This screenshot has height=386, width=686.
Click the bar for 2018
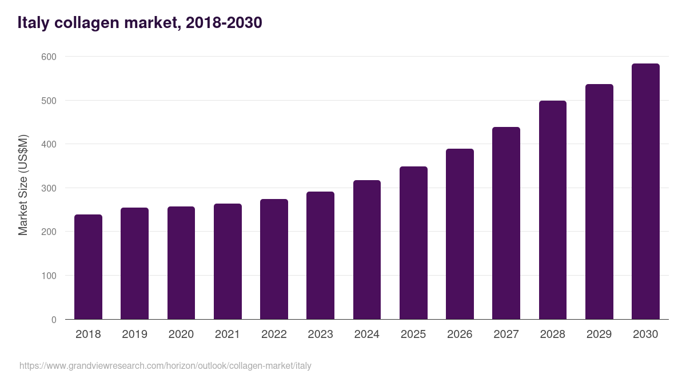coord(88,267)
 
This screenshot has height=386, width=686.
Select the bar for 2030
coord(645,192)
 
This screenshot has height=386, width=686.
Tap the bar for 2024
coord(367,250)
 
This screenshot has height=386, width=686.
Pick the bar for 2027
coord(506,223)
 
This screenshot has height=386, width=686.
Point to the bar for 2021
coord(228,261)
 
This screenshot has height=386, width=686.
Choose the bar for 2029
coord(599,202)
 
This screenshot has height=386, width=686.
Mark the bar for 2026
coord(460,234)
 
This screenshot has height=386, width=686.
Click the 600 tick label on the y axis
coord(49,57)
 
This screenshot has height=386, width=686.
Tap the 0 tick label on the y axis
coord(54,320)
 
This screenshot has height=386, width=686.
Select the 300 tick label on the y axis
coord(49,188)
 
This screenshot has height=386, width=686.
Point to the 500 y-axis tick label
coord(49,101)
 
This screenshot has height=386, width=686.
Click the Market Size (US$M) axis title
coord(23,185)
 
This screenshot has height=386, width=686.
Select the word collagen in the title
coord(83,23)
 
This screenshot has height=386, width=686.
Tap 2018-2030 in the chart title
coord(224,23)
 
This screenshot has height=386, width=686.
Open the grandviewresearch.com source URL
coord(165,365)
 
